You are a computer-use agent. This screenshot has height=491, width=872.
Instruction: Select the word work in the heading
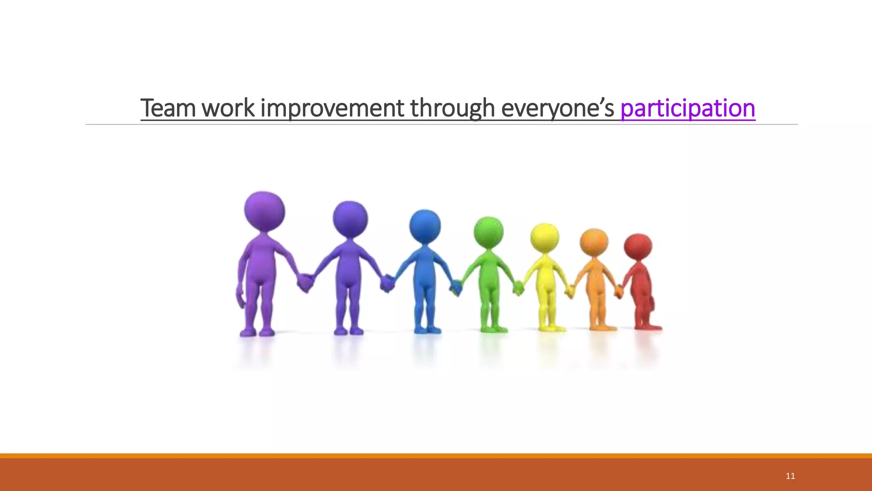click(x=228, y=108)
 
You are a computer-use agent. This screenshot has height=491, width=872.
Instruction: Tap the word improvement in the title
click(x=332, y=108)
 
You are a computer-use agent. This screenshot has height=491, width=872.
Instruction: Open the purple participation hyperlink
click(x=688, y=108)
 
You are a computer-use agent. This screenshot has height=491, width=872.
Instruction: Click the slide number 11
click(x=790, y=476)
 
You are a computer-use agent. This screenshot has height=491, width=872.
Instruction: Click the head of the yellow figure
click(x=545, y=237)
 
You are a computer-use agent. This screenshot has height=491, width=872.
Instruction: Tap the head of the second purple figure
click(x=350, y=219)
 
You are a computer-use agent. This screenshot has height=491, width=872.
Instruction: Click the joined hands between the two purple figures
click(x=305, y=283)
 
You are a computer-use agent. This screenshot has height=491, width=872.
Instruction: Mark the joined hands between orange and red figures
click(x=618, y=292)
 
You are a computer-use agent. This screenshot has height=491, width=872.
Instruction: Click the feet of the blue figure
click(x=427, y=329)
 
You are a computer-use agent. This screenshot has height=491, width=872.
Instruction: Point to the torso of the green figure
click(x=489, y=273)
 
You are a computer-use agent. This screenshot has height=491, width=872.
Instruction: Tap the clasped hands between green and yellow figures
click(x=518, y=288)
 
